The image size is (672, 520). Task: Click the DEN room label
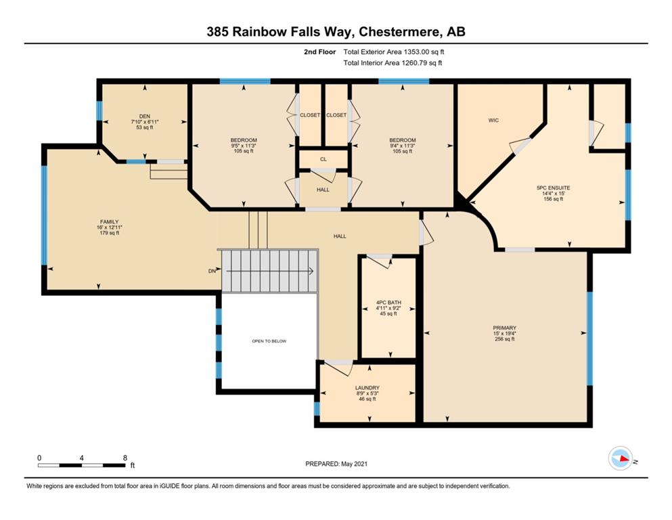pyautogui.click(x=144, y=116)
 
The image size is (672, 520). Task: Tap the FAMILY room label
pyautogui.click(x=109, y=221)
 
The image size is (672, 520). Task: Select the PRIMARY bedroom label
pyautogui.click(x=504, y=328)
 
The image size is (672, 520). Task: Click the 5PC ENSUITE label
pyautogui.click(x=554, y=188)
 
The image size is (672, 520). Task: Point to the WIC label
pyautogui.click(x=493, y=121)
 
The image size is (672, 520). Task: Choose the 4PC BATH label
pyautogui.click(x=388, y=302)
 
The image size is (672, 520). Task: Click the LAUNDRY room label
pyautogui.click(x=367, y=387)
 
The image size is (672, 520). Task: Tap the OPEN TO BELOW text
pyautogui.click(x=269, y=341)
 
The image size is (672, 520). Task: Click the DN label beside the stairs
pyautogui.click(x=212, y=271)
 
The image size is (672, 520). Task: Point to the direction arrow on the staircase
pyautogui.click(x=269, y=271)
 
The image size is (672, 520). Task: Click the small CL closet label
pyautogui.click(x=323, y=159)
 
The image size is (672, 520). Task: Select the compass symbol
pyautogui.click(x=621, y=458)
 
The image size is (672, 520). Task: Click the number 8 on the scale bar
pyautogui.click(x=125, y=458)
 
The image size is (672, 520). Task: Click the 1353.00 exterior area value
pyautogui.click(x=416, y=52)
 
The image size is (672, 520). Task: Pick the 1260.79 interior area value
pyautogui.click(x=413, y=63)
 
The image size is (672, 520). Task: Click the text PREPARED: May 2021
pyautogui.click(x=336, y=463)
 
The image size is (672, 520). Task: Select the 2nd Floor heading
pyautogui.click(x=319, y=52)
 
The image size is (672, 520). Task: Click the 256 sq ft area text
pyautogui.click(x=504, y=339)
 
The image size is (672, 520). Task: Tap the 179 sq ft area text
pyautogui.click(x=109, y=233)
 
